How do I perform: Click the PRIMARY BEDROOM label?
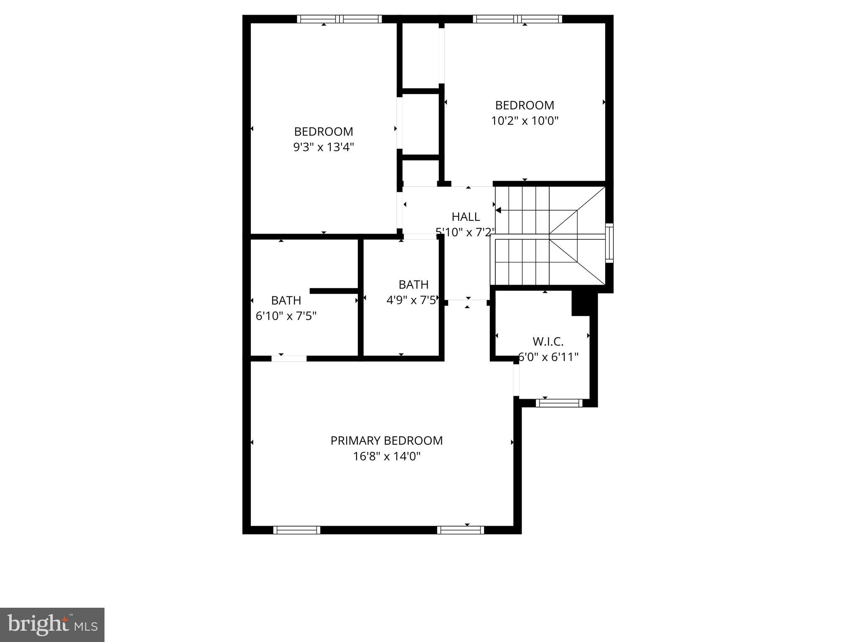click(386, 441)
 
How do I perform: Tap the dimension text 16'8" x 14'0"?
click(386, 456)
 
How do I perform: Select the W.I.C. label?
click(548, 341)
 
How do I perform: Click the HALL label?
click(466, 217)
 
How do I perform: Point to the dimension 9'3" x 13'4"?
click(324, 147)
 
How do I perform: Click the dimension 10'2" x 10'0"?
click(525, 121)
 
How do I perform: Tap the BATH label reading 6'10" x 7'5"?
click(286, 300)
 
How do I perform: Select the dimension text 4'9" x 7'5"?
click(413, 300)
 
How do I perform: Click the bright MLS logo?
click(52, 624)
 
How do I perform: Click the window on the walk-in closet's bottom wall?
click(559, 403)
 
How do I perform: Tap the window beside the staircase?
click(609, 243)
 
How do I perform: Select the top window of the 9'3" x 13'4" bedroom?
click(339, 19)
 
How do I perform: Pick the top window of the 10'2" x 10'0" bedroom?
click(517, 19)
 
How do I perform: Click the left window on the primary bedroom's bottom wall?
click(297, 530)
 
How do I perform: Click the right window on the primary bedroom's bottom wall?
click(461, 530)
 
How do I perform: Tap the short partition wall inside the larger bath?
click(334, 291)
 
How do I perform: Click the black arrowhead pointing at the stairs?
click(498, 210)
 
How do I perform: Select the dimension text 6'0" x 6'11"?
click(548, 357)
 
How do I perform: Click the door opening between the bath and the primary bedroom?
click(289, 358)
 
